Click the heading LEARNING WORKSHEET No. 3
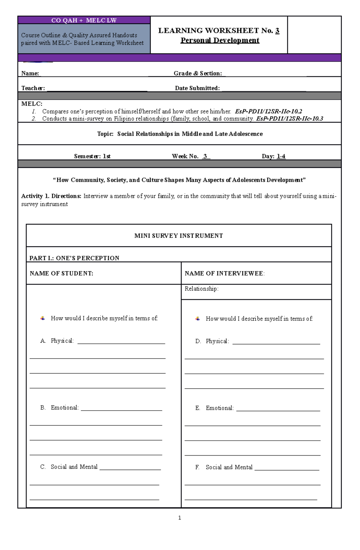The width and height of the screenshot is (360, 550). click(x=219, y=31)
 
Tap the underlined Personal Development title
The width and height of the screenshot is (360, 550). click(x=220, y=40)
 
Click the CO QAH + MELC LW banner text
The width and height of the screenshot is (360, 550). click(x=84, y=20)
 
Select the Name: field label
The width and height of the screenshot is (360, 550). click(x=30, y=73)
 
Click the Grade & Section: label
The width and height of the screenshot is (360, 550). click(x=197, y=73)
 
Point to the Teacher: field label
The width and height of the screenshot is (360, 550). click(x=33, y=88)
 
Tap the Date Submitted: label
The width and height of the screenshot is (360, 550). click(x=197, y=88)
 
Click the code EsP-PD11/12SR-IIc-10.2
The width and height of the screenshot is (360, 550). click(x=268, y=111)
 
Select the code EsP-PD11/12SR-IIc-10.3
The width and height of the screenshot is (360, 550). click(x=289, y=119)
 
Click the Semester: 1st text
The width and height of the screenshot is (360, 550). click(x=92, y=156)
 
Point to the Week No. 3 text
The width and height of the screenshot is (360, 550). click(x=191, y=156)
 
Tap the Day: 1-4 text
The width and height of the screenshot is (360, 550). click(x=273, y=156)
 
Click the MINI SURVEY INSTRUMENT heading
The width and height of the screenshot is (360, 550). click(x=178, y=236)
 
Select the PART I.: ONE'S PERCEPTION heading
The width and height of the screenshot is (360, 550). click(x=74, y=258)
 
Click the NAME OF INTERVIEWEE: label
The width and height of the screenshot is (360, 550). click(x=224, y=273)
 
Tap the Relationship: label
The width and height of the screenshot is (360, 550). click(x=201, y=289)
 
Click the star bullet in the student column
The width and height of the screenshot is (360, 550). click(x=43, y=318)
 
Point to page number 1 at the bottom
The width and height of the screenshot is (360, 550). click(x=179, y=518)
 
